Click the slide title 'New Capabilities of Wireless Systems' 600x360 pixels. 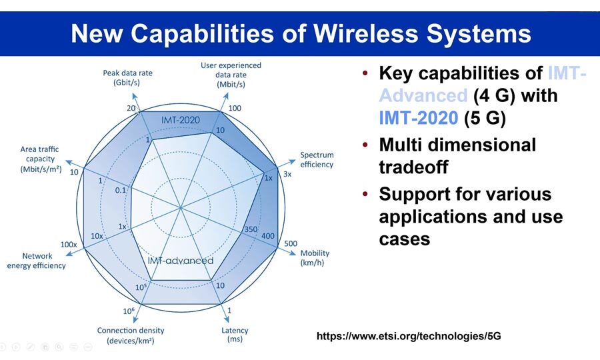pos(301,33)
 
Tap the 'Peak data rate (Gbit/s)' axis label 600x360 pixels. pos(127,77)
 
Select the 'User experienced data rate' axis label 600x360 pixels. pos(231,75)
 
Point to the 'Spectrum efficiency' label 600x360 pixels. pos(317,159)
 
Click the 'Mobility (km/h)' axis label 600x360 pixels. pos(315,257)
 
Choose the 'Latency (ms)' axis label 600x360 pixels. pos(235,335)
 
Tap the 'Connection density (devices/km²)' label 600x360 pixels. pos(131,335)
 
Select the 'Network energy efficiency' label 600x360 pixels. pos(37,261)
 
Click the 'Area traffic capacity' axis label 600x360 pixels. pos(41,159)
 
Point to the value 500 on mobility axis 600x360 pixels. pos(291,244)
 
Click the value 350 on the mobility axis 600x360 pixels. pos(251,229)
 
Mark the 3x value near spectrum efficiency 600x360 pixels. pos(287,174)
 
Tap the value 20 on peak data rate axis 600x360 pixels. pos(131,108)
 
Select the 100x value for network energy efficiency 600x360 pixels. pos(69,244)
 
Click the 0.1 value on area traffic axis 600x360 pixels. pos(120,190)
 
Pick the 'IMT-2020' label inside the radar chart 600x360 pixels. pos(180,120)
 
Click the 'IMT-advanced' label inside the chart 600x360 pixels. pos(181,261)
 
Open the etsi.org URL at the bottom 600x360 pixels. pos(409,336)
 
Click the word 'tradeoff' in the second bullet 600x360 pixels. pos(413,167)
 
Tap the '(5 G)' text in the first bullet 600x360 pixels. pos(485,117)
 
